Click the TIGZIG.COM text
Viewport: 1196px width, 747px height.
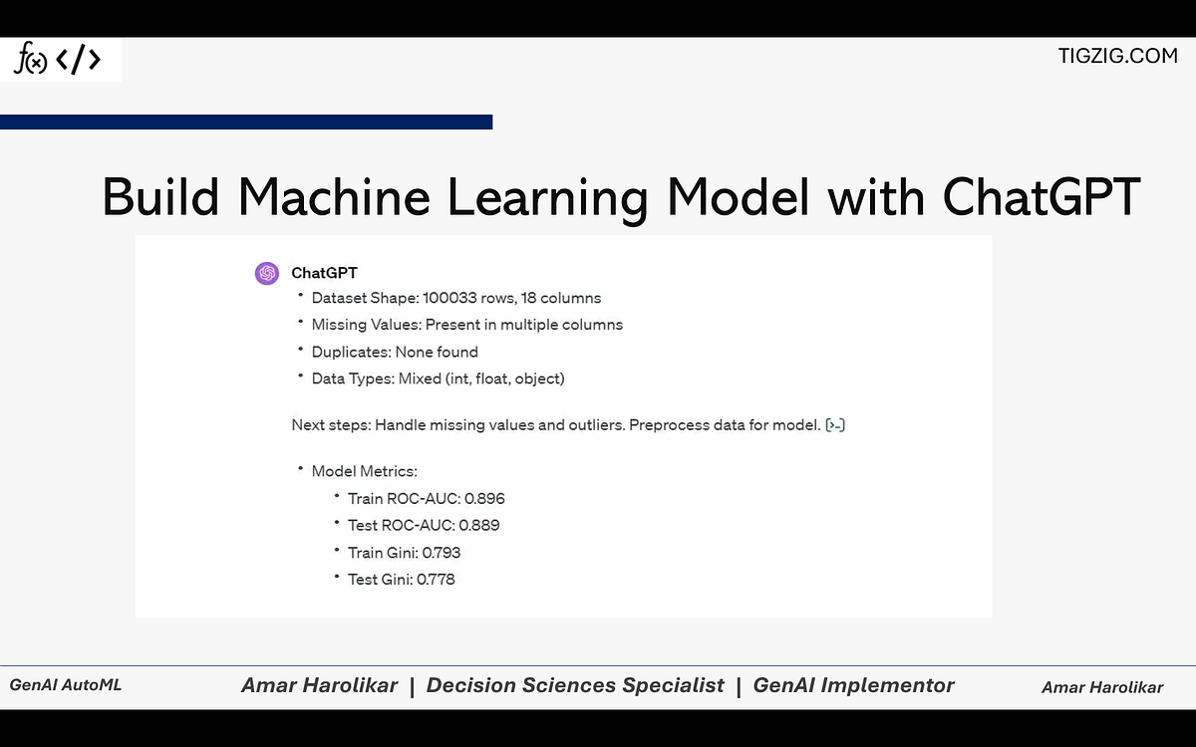coord(1117,56)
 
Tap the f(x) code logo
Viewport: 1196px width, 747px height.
coord(58,61)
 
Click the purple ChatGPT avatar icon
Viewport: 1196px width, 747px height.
coord(266,273)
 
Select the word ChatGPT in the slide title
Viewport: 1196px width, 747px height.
coord(1041,196)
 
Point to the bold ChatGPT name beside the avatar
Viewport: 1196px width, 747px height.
coord(324,273)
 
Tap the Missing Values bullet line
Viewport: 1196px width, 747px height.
coord(466,325)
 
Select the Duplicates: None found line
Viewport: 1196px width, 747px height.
coord(395,352)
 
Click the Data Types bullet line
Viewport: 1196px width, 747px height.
coord(438,378)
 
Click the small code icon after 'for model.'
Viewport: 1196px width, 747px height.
coord(835,425)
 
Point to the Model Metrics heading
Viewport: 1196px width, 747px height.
coord(364,471)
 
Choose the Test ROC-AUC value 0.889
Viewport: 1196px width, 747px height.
coord(479,525)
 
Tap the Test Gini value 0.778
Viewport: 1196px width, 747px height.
coord(436,579)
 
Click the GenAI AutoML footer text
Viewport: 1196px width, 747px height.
coord(66,685)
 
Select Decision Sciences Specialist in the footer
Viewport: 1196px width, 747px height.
coord(575,685)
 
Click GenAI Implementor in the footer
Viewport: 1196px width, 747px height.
coord(853,685)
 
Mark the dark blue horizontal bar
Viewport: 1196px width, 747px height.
coord(246,122)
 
